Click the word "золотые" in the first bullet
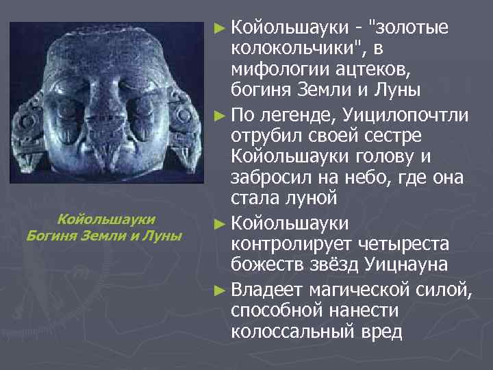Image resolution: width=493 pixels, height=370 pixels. tap(409, 28)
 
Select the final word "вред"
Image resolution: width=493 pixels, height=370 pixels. tap(384, 332)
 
